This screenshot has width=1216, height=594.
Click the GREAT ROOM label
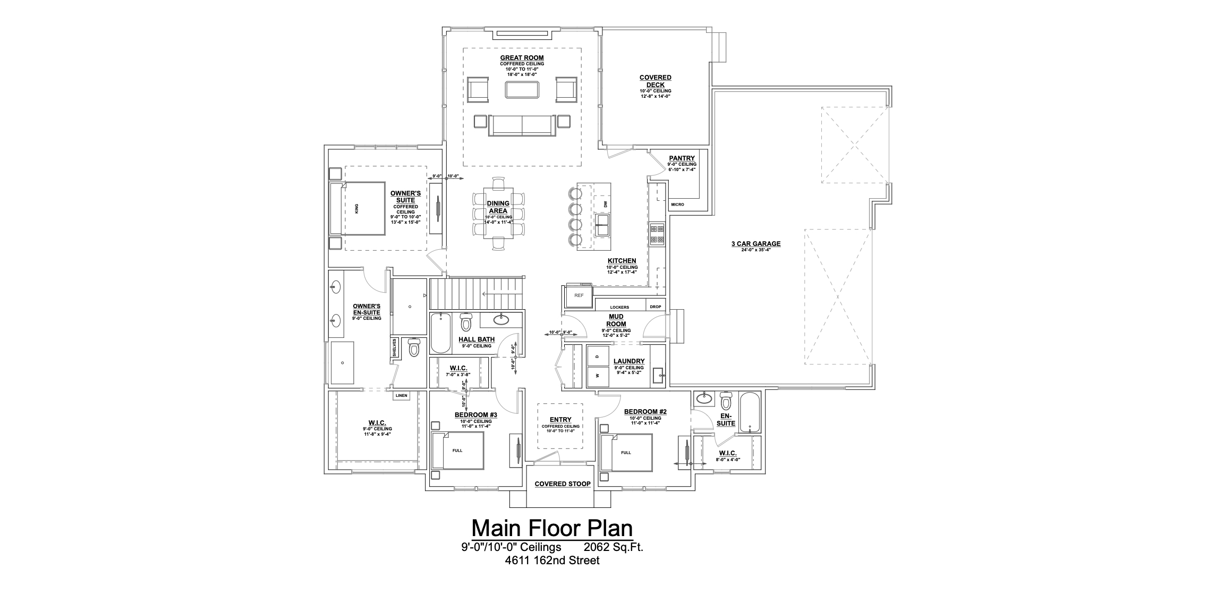coord(522,58)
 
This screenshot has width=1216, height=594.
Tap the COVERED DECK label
coord(655,81)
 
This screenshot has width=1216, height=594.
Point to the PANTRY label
coord(682,158)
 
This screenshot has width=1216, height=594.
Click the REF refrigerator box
coord(579,295)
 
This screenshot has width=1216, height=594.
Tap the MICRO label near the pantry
coord(677,205)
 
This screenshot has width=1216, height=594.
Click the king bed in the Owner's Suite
coord(358,208)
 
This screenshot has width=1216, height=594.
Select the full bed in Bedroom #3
coord(457,451)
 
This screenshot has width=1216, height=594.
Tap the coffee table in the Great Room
coord(522,90)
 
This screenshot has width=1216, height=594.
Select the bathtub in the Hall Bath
coord(440,333)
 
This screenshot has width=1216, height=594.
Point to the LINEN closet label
coord(401,396)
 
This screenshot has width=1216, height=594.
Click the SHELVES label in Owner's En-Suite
coord(395,349)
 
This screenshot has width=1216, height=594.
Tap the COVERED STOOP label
coord(563,484)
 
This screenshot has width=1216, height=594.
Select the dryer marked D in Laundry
coord(597,355)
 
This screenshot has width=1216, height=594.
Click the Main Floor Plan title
coord(552,529)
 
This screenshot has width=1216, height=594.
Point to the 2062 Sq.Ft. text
coord(614,547)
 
